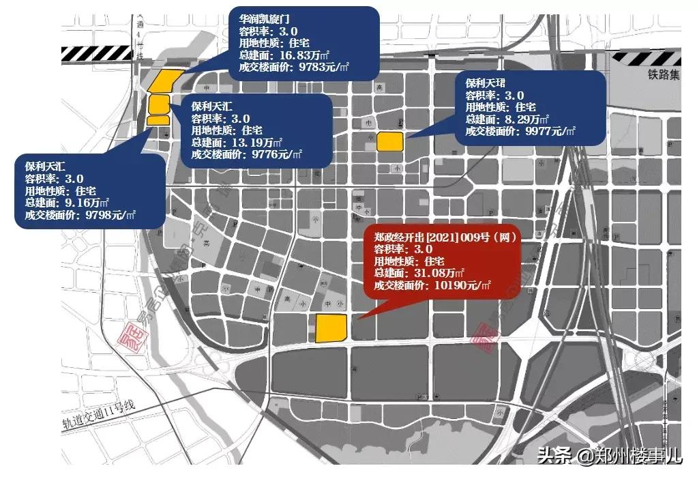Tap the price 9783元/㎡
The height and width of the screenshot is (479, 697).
click(x=318, y=68)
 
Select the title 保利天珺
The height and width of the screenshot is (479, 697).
click(x=486, y=83)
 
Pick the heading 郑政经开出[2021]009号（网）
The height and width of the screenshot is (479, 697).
click(x=443, y=237)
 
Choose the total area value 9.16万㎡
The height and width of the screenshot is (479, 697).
click(x=88, y=203)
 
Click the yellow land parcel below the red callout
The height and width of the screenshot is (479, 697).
click(x=331, y=328)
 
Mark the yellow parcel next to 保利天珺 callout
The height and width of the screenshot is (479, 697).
click(x=391, y=141)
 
